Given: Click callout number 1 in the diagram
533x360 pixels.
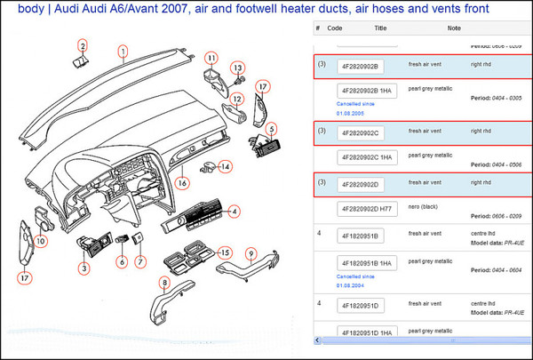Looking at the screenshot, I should [x=123, y=51].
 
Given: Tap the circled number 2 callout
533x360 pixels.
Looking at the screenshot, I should [x=82, y=46].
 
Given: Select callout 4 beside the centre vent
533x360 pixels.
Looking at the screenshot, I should [x=235, y=212].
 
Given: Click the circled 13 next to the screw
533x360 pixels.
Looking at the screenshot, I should [x=238, y=68].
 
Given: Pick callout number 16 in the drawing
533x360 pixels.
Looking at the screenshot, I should [x=182, y=183].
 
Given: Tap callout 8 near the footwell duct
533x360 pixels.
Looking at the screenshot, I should [x=163, y=284].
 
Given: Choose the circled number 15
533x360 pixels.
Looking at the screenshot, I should [x=226, y=252].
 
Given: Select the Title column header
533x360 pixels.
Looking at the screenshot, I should [x=380, y=28].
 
